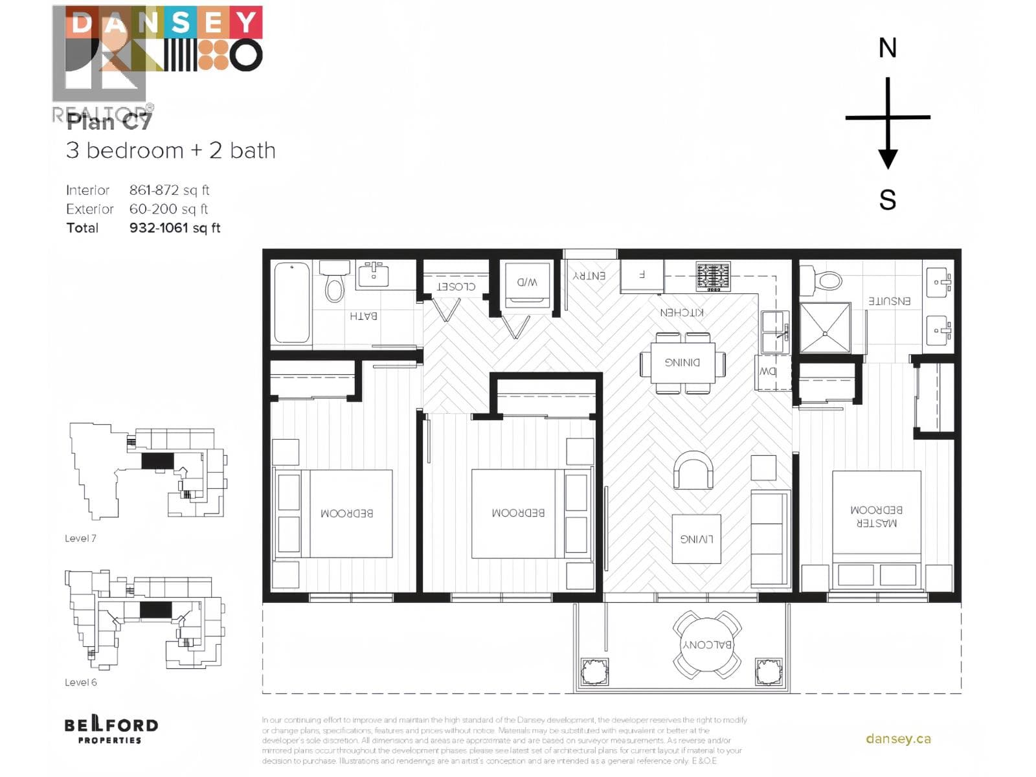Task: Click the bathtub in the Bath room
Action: point(291,302)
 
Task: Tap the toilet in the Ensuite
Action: point(822,280)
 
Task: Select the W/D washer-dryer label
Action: point(527,282)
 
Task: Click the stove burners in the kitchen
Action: point(713,276)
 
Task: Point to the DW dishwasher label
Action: point(768,372)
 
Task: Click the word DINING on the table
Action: point(682,363)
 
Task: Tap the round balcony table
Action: point(707,645)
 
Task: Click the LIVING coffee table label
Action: point(696,539)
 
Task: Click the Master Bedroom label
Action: point(876,516)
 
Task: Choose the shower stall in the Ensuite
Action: point(826,328)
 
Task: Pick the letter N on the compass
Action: point(887,49)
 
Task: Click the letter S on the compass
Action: point(887,199)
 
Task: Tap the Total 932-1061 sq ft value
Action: point(175,228)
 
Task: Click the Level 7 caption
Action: point(80,538)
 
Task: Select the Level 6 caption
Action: point(80,682)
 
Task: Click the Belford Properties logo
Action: point(111,730)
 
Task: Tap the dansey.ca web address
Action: point(898,739)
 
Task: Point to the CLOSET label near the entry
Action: point(456,286)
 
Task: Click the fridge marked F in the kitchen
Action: point(642,275)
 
